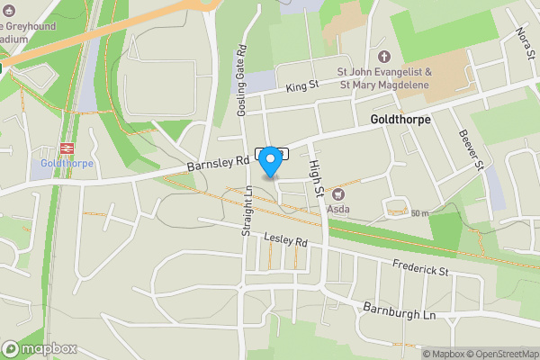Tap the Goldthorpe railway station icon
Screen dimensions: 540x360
66,149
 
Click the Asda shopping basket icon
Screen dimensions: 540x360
338,193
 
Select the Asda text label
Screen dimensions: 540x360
338,209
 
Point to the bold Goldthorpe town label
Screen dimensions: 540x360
400,120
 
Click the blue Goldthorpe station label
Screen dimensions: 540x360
66,165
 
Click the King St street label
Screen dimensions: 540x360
302,86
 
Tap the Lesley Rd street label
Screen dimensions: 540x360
286,240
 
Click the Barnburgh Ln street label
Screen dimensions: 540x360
399,310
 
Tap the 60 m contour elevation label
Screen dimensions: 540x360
419,213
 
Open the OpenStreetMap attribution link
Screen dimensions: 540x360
499,354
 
